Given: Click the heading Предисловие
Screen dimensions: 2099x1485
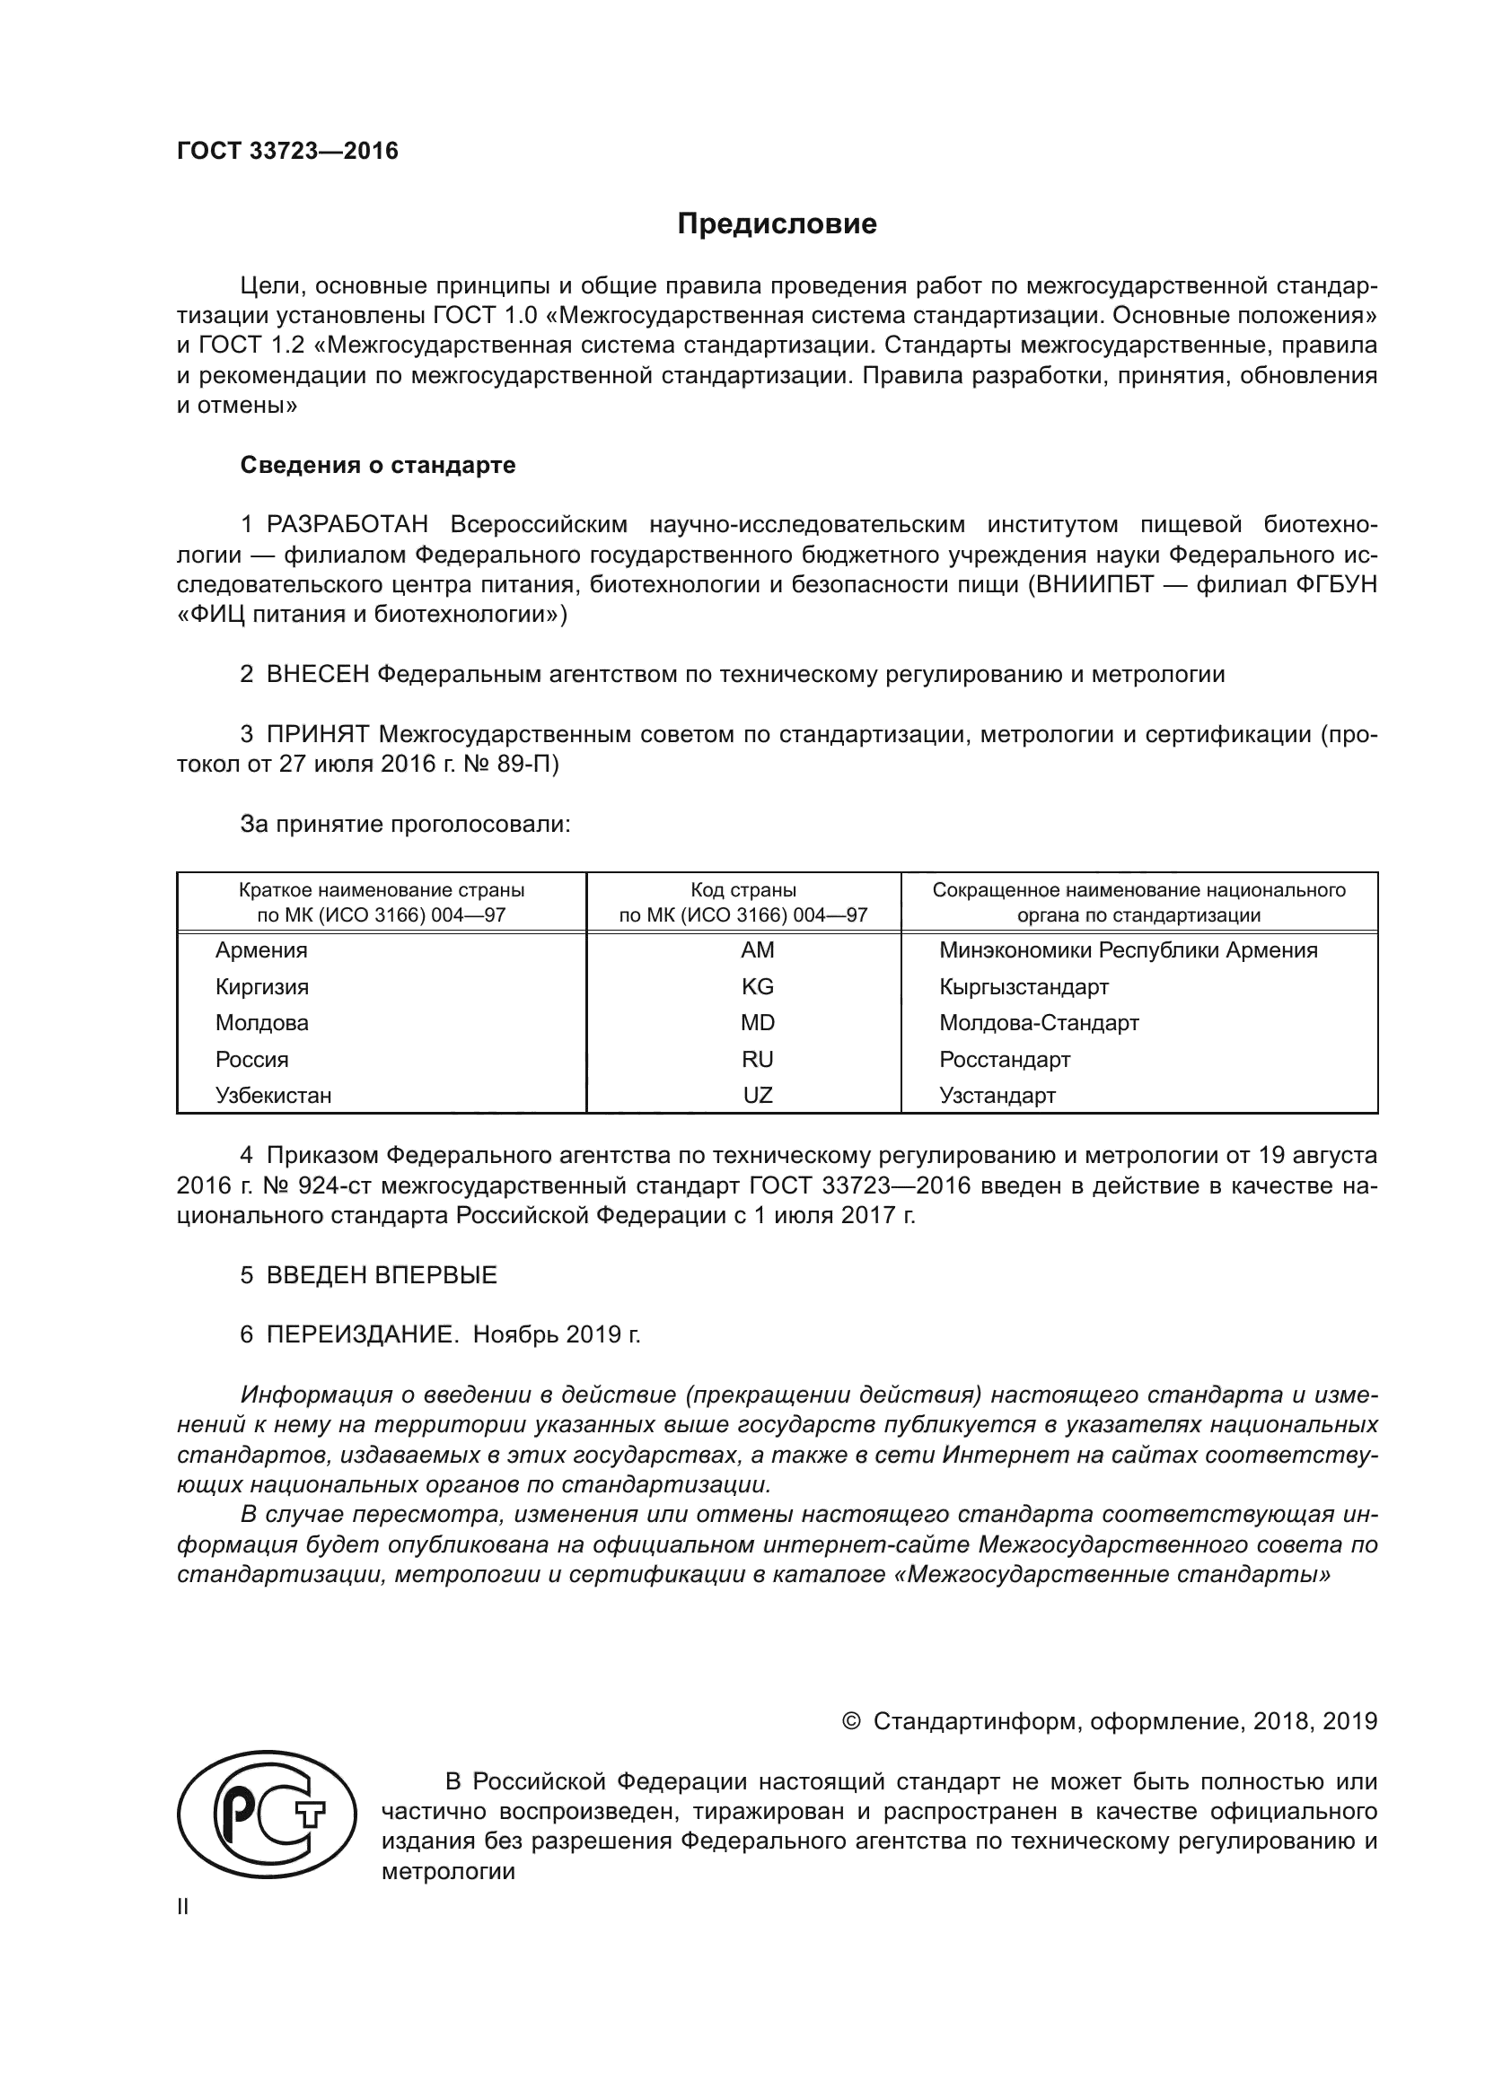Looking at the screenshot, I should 777,225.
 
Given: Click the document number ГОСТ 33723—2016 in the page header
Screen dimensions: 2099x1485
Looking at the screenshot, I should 287,152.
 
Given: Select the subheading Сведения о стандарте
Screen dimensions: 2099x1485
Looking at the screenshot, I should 378,466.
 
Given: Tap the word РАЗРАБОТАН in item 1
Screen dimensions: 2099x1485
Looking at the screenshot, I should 347,525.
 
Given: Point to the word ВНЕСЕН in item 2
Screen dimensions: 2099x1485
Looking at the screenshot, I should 318,675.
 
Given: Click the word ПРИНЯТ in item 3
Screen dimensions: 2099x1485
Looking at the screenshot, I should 318,734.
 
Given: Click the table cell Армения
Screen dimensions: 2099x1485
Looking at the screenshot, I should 261,950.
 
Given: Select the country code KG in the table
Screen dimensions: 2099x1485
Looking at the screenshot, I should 757,987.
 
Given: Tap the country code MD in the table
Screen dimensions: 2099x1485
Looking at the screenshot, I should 757,1023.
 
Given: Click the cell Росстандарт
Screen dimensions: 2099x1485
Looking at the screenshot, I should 1004,1060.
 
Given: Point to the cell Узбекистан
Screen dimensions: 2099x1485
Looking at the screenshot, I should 274,1095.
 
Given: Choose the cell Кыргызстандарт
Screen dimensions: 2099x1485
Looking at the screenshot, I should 1024,987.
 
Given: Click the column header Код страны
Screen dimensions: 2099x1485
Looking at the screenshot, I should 742,890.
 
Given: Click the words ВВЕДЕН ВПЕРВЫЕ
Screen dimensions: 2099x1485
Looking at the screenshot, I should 382,1275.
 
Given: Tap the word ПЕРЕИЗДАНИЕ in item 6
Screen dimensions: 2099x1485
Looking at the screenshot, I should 361,1334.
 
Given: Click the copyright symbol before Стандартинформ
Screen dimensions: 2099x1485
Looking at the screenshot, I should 850,1722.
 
